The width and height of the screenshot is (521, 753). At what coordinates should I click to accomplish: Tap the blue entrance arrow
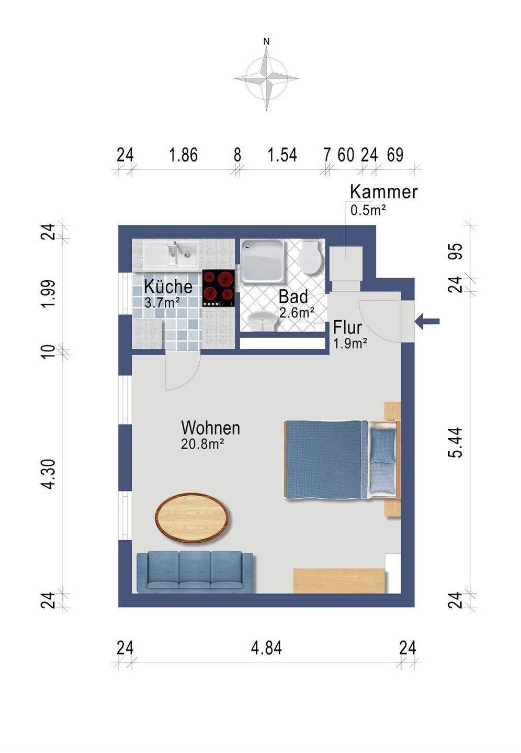click(x=427, y=322)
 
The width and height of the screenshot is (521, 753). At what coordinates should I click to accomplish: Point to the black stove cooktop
click(x=219, y=289)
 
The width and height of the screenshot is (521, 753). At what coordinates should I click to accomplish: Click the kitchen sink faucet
click(x=178, y=248)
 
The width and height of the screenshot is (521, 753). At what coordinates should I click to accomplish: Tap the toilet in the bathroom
click(x=310, y=256)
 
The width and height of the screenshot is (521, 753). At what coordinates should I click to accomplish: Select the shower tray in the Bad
click(x=262, y=260)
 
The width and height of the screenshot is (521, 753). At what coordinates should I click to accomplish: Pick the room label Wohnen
click(x=211, y=428)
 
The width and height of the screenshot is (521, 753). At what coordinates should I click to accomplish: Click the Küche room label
click(x=168, y=287)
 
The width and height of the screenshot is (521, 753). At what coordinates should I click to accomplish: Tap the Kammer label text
click(x=384, y=192)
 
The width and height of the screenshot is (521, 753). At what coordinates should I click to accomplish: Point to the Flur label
click(x=347, y=327)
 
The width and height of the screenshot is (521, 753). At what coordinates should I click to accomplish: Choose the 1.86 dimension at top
click(x=183, y=155)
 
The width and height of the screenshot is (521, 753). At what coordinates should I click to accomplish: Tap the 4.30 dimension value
click(x=49, y=474)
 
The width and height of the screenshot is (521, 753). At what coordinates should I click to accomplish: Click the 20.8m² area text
click(x=202, y=444)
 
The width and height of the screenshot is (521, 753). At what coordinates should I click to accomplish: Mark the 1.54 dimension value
click(x=282, y=155)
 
